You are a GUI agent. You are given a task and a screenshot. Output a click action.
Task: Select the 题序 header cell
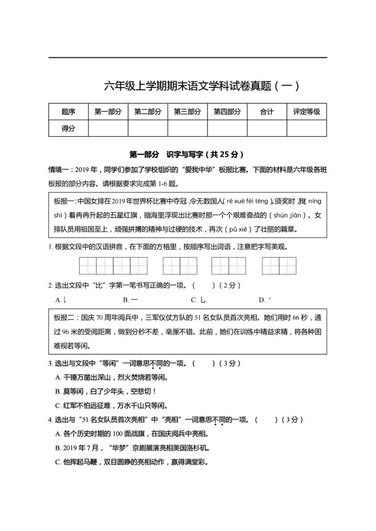(68, 112)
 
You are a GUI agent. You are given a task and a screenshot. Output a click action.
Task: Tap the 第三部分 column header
(187, 112)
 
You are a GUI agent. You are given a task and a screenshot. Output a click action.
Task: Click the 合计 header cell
(267, 112)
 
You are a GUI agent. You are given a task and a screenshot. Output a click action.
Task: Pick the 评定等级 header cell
(306, 112)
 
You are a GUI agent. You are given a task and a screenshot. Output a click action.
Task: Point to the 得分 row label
(68, 128)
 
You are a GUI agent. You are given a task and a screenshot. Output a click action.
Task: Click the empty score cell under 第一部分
(108, 128)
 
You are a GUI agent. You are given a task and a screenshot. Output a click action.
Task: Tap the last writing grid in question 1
(279, 265)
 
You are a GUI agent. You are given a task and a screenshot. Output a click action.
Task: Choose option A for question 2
(61, 300)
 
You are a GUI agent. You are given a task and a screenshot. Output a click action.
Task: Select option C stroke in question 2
(199, 300)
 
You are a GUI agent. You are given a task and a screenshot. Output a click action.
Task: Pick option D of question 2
(265, 300)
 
